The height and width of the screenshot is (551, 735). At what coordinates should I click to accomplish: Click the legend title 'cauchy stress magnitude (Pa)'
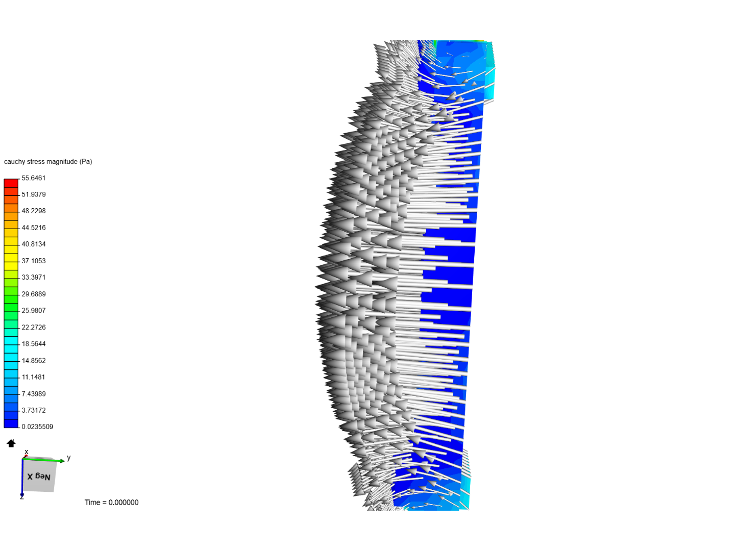pos(48,162)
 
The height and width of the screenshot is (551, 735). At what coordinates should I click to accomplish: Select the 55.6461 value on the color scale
pos(34,178)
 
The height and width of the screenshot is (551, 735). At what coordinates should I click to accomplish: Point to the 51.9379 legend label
pos(34,194)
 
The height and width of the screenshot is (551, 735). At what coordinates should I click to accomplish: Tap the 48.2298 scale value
pos(34,211)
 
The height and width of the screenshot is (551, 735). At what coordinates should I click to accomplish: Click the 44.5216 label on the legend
pos(34,228)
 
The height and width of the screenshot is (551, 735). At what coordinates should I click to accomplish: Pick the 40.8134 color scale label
pos(34,244)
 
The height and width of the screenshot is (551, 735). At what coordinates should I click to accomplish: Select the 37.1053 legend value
pos(34,261)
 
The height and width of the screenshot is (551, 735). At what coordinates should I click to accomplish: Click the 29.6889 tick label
pos(34,294)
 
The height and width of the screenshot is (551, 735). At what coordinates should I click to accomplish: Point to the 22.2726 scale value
pos(34,327)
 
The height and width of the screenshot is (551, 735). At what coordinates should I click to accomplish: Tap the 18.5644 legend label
pos(34,343)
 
